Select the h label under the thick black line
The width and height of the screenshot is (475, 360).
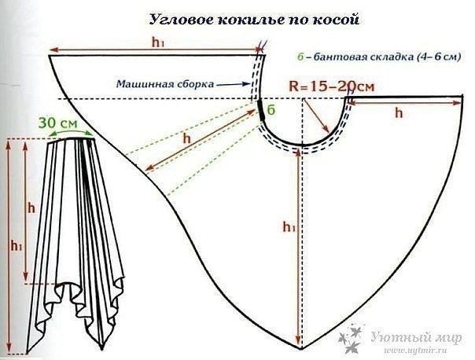click(399, 112)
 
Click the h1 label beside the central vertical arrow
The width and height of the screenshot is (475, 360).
click(287, 226)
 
